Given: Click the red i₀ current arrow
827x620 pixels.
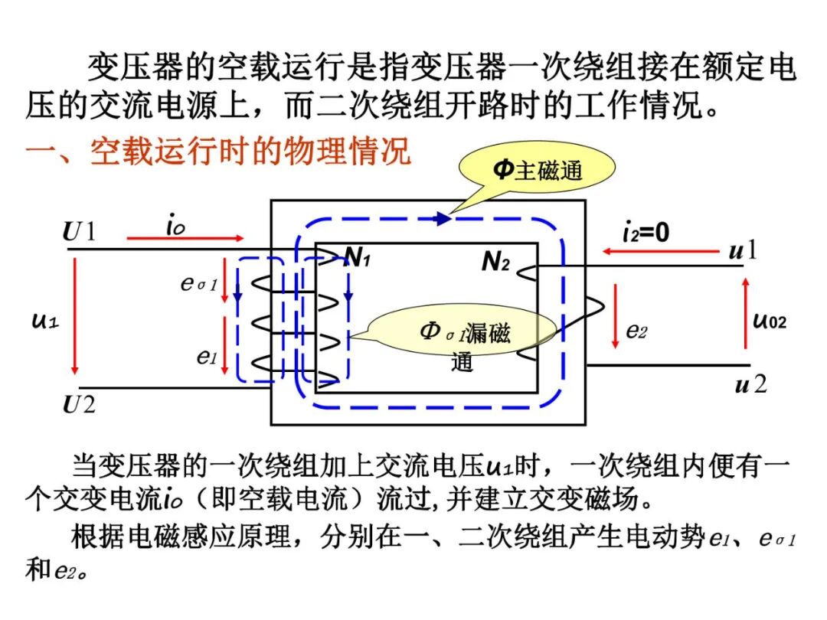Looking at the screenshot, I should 185,239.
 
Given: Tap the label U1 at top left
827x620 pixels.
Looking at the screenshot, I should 80,231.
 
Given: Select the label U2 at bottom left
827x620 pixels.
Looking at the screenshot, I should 80,403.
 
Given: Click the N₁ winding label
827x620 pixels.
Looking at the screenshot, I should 357,259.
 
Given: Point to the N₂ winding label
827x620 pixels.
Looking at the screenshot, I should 495,262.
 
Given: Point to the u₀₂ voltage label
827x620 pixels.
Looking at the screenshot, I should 768,319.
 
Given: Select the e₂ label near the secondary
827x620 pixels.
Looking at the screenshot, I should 636,331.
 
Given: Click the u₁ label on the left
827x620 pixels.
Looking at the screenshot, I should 45,320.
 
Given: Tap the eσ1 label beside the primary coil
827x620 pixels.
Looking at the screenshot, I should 199,284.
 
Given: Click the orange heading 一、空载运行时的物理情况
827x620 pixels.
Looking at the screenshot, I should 218,151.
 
